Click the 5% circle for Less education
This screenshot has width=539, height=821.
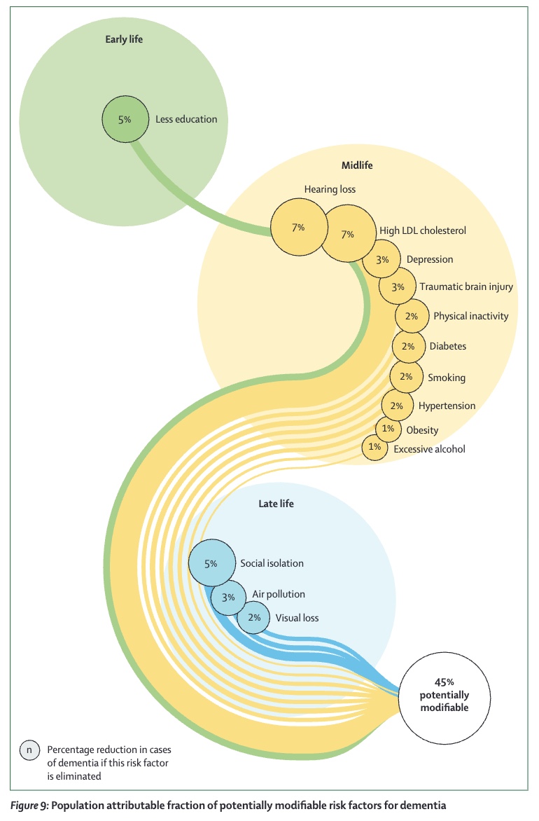click(125, 119)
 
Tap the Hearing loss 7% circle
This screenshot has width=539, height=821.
click(299, 227)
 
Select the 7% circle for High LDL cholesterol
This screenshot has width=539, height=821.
click(349, 233)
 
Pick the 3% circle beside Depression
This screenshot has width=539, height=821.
click(382, 259)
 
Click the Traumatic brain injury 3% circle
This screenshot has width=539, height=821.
click(398, 287)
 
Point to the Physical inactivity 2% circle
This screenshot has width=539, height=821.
click(412, 316)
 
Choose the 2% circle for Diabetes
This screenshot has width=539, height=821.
click(409, 346)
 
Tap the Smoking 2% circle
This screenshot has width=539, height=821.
click(406, 376)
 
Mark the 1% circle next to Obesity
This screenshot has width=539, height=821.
click(388, 429)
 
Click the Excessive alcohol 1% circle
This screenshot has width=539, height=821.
click(374, 447)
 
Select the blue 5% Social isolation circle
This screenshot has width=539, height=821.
click(211, 563)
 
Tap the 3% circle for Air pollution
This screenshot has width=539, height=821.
click(229, 597)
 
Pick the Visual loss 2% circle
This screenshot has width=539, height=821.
click(254, 617)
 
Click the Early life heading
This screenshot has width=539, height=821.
click(124, 39)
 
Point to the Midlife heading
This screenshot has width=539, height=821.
click(358, 165)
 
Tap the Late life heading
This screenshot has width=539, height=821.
click(276, 504)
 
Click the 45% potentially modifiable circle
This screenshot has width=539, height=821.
click(444, 698)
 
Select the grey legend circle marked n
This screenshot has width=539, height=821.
click(29, 750)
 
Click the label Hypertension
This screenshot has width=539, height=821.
click(447, 406)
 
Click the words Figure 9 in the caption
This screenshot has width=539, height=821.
click(29, 806)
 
